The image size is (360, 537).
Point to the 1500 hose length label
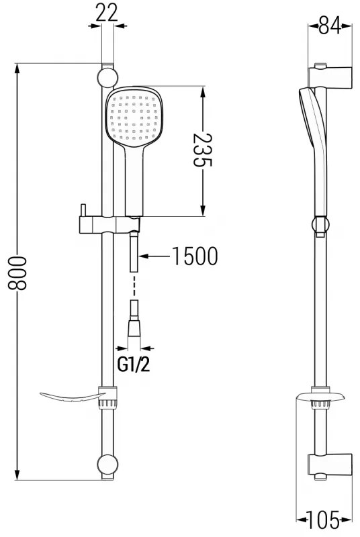click(x=194, y=256)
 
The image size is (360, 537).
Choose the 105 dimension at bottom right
click(x=324, y=520)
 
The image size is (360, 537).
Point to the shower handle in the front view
click(x=134, y=181)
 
